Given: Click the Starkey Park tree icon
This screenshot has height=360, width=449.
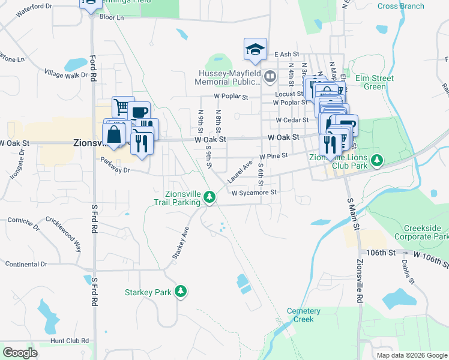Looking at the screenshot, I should pyautogui.click(x=181, y=292).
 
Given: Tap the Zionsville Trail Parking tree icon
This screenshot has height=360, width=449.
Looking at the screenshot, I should pyautogui.click(x=209, y=196).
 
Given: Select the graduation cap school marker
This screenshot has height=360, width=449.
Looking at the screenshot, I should pyautogui.click(x=255, y=49).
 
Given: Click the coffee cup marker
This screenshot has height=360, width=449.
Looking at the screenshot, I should pyautogui.click(x=139, y=112).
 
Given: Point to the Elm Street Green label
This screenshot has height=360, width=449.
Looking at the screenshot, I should pyautogui.click(x=375, y=82).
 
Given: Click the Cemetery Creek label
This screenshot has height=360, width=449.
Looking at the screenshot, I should pyautogui.click(x=300, y=315).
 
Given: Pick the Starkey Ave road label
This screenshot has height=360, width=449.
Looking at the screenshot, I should pyautogui.click(x=181, y=243).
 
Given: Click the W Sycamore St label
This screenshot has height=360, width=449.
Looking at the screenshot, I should pyautogui.click(x=253, y=192).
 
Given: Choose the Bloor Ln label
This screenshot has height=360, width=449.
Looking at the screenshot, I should pyautogui.click(x=111, y=18).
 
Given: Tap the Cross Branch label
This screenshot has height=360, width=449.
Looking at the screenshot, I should pyautogui.click(x=400, y=7).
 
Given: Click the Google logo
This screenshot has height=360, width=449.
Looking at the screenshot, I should pyautogui.click(x=20, y=352).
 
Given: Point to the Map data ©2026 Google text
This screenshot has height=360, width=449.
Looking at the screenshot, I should pyautogui.click(x=411, y=355).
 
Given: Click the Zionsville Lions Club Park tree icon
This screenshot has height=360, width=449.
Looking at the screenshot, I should pyautogui.click(x=377, y=160).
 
